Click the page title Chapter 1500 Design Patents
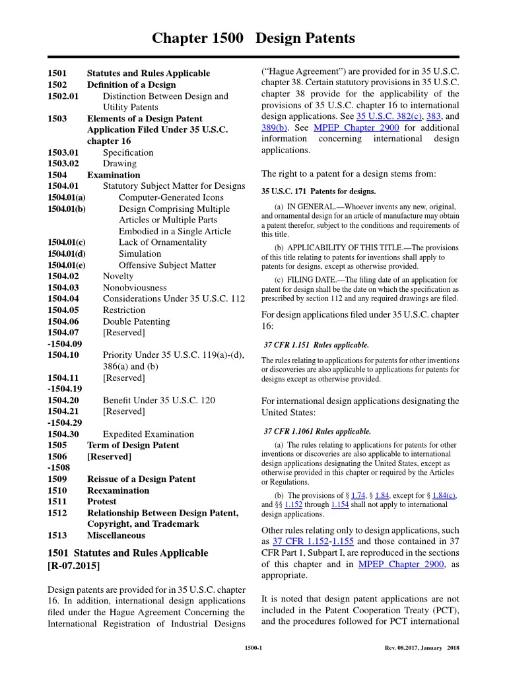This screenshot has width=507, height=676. [253, 39]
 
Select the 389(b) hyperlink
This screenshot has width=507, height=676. [274, 127]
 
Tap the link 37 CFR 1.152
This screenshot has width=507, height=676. [296, 541]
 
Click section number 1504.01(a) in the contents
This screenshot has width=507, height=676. [67, 197]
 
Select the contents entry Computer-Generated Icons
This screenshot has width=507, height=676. [171, 197]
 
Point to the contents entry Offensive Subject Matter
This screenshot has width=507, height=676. [167, 265]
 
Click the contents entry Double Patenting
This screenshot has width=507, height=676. [136, 321]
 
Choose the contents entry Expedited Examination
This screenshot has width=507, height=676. [149, 434]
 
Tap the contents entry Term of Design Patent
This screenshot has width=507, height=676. [133, 445]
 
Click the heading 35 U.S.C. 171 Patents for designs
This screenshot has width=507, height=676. [318, 191]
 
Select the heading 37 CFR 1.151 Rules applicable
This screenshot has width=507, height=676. [316, 345]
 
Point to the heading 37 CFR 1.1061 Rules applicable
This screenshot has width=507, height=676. [318, 431]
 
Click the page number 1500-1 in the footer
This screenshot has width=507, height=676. [253, 648]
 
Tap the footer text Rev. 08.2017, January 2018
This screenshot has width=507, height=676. [421, 648]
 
